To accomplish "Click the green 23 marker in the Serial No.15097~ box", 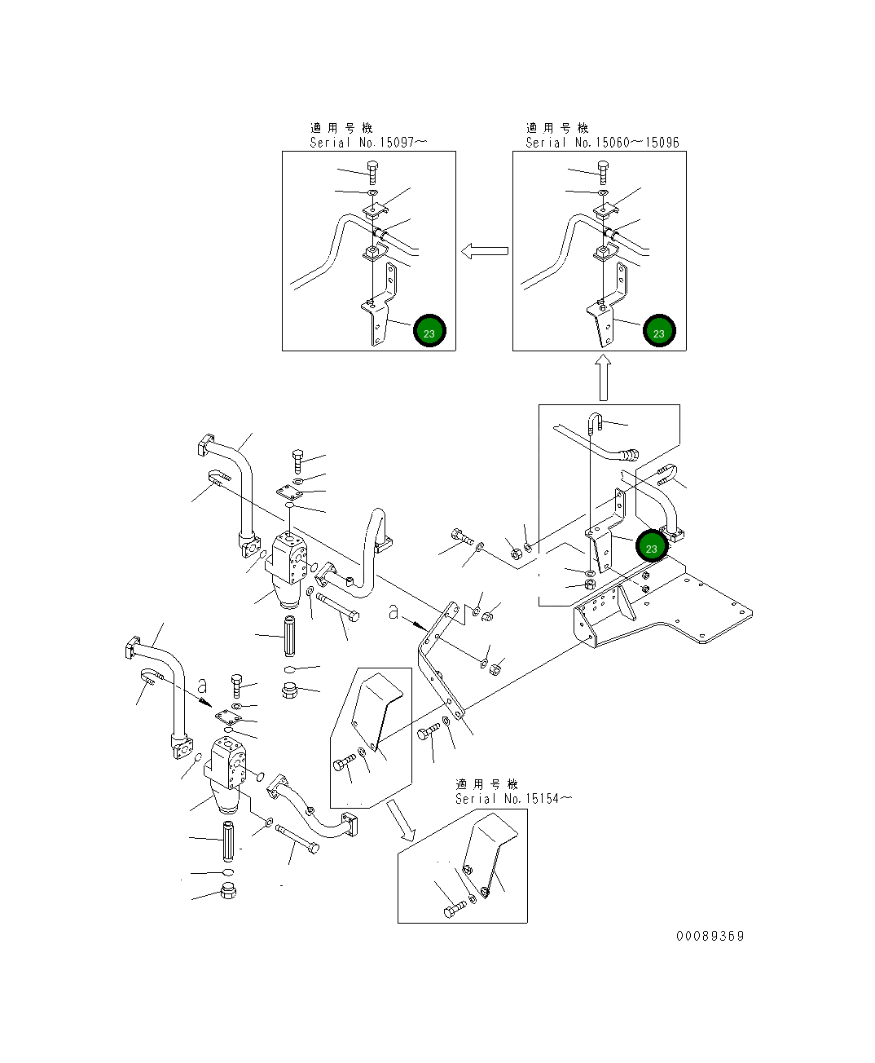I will (429, 332).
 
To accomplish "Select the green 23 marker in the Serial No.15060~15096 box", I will (659, 332).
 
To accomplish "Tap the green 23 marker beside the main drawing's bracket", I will (652, 548).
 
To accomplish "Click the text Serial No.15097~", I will (368, 143).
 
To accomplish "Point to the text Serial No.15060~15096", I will (602, 143).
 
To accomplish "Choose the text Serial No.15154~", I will (513, 799).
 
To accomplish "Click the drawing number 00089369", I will (710, 936).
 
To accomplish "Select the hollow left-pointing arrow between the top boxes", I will (484, 251).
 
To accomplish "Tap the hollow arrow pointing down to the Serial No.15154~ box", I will (401, 819).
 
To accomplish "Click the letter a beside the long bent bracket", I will (394, 612).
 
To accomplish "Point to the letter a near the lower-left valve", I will (202, 686).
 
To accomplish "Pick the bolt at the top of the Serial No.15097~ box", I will (372, 172).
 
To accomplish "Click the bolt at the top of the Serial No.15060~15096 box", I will (603, 172).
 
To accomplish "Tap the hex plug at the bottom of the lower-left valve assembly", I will (228, 891).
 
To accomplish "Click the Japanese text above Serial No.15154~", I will (486, 784).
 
